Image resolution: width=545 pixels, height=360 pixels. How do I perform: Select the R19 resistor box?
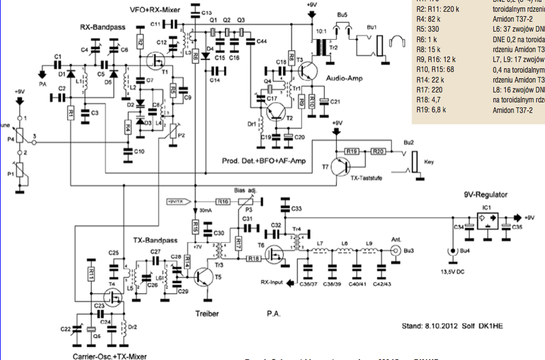[352, 151]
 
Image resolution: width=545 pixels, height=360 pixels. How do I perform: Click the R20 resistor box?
[378, 151]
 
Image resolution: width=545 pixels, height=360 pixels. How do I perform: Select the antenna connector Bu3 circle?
[394, 251]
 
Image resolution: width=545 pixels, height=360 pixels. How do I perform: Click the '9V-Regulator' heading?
[486, 195]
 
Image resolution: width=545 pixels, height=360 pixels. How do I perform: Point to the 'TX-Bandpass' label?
[156, 240]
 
